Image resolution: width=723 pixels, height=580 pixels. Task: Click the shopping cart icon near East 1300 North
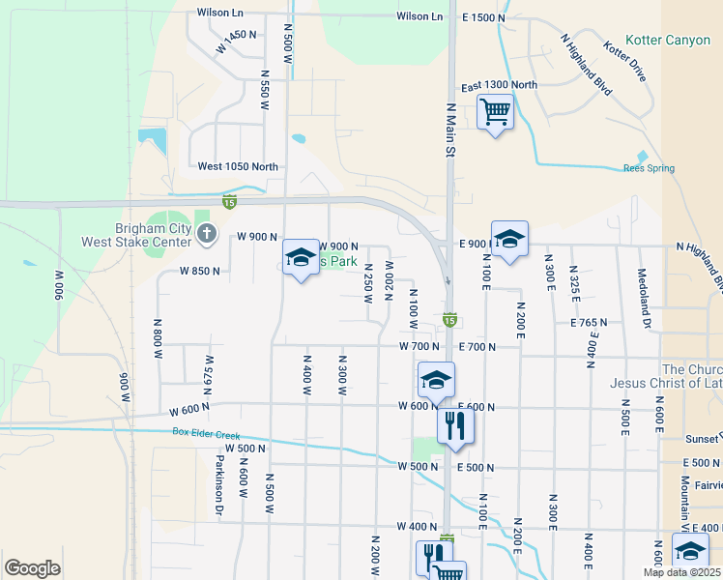[x=495, y=112]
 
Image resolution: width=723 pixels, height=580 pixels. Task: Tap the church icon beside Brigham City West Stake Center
[x=206, y=233]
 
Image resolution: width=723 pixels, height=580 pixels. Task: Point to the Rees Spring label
[x=648, y=168]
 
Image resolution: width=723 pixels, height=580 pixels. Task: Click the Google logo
[x=32, y=567]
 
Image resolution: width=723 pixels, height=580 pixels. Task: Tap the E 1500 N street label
[x=484, y=17]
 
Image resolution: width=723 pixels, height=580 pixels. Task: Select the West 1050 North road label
[x=238, y=166]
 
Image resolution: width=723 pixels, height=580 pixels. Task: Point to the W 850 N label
[x=201, y=272]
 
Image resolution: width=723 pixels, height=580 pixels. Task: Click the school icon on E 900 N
[x=509, y=239]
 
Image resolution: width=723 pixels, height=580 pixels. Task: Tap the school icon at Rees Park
[x=301, y=256]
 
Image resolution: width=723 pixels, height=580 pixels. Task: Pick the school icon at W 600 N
[x=436, y=379]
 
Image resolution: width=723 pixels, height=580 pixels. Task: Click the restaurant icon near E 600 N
[x=455, y=424]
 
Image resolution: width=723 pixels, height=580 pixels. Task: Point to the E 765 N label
[x=589, y=322]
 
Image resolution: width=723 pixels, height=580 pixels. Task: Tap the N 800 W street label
[x=158, y=345]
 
